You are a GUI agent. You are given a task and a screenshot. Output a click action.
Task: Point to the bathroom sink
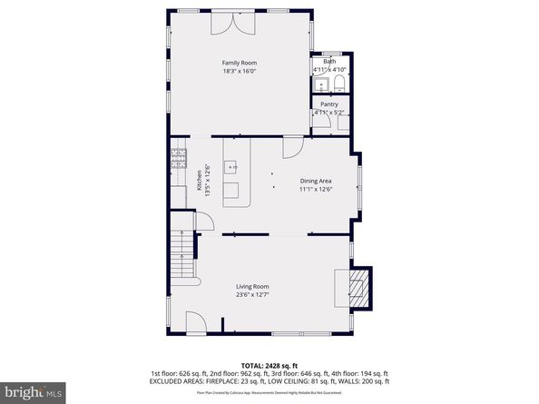pyautogui.click(x=320, y=85)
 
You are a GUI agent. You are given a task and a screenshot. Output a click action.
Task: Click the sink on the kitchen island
pyautogui.click(x=232, y=167)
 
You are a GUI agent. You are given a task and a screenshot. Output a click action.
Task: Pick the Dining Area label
pyautogui.click(x=317, y=181)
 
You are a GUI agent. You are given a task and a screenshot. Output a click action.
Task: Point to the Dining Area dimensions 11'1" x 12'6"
pyautogui.click(x=317, y=190)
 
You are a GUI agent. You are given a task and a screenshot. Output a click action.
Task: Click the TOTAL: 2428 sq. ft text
pyautogui.click(x=269, y=363)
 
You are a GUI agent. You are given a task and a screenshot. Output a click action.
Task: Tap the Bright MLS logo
pyautogui.click(x=33, y=390)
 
